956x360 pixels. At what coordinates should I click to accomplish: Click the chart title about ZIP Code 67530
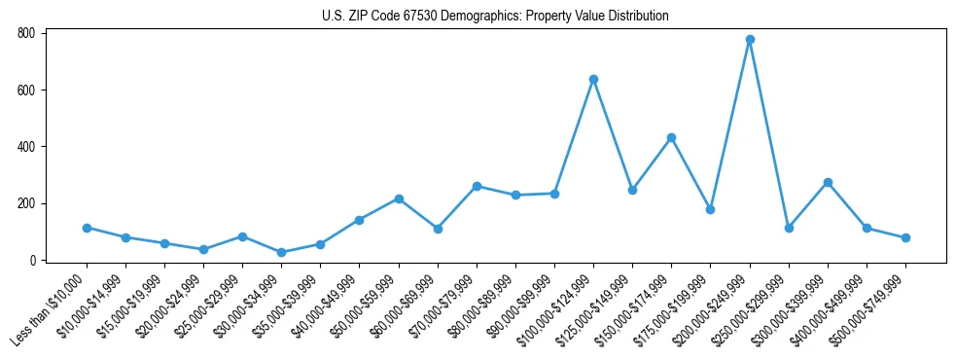coord(495,17)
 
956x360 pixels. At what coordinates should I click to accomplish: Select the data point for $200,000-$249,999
coord(750,40)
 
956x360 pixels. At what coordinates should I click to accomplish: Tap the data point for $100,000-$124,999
coord(593,79)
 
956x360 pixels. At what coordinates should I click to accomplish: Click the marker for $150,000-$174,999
coord(671,138)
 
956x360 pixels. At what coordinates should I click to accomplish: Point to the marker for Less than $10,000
coord(87,228)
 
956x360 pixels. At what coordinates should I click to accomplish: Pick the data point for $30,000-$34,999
coord(281,253)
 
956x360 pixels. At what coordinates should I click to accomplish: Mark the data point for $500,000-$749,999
coord(905,237)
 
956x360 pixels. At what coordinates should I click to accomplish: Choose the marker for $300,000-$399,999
coord(828,182)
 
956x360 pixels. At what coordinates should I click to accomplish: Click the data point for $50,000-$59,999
coord(399,198)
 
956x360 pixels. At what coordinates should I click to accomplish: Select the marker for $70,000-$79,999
coord(477,186)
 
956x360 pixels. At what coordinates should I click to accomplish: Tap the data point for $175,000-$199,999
coord(710,209)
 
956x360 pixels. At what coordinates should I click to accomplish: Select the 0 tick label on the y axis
coord(32,261)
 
